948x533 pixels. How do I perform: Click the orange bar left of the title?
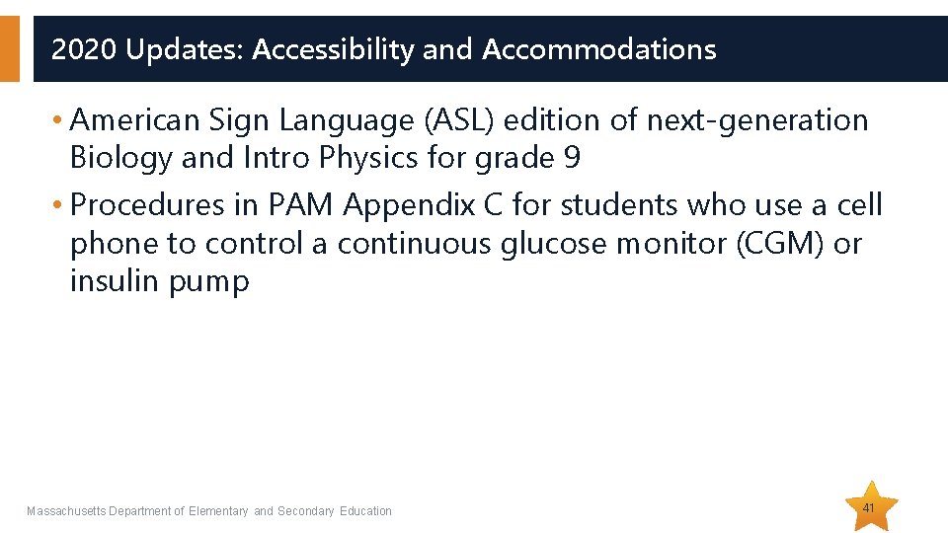9,48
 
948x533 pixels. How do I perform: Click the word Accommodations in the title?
599,49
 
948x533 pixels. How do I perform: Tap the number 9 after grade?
572,158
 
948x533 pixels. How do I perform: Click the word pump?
209,283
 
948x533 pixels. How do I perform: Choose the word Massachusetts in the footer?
66,511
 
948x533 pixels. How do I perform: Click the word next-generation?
757,120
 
